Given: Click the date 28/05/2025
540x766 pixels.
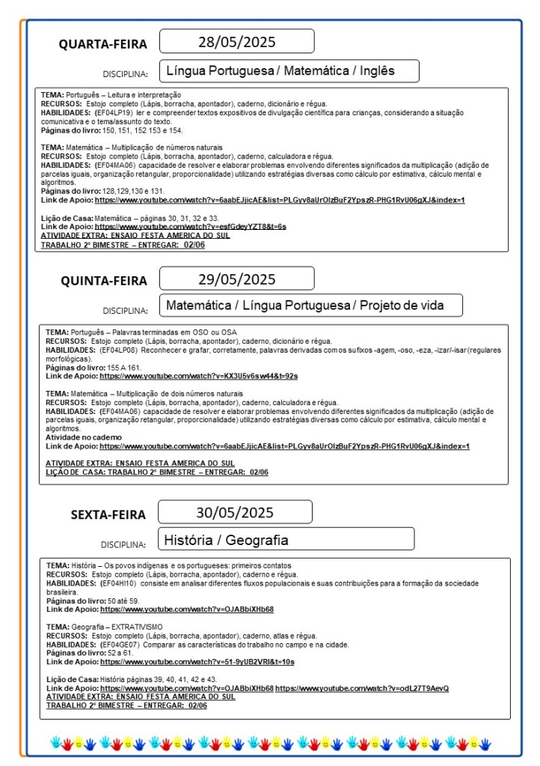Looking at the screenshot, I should click(x=236, y=40).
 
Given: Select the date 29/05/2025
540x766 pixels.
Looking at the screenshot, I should click(x=236, y=279).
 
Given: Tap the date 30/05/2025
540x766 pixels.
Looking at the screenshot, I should click(x=235, y=513).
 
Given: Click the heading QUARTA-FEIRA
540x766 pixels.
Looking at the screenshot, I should click(x=103, y=44).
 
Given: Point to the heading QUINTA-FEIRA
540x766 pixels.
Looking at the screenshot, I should click(x=104, y=281).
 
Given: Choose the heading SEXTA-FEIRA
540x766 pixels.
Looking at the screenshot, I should click(x=108, y=514).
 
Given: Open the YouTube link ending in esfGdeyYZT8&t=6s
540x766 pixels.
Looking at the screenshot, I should click(x=190, y=225).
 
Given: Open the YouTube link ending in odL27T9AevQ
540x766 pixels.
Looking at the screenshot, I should click(x=362, y=688).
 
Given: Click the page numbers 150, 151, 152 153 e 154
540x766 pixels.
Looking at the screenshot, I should click(x=141, y=130).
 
